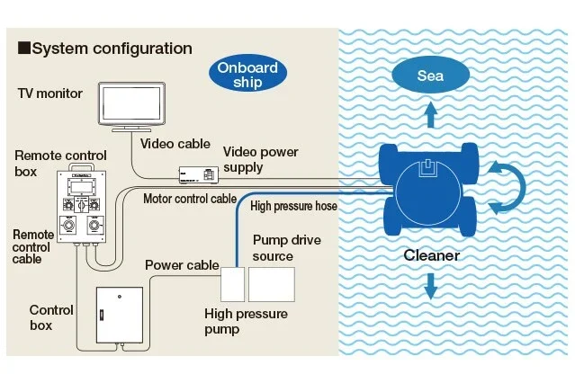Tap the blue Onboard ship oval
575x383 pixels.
245,76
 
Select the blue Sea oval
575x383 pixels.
430,76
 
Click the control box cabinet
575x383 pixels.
120,316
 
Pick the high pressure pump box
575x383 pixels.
232,286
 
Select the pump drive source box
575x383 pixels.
271,286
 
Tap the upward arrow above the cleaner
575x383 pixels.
431,114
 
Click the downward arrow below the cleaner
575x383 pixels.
431,285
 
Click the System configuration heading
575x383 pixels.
105,49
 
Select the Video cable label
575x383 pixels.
175,144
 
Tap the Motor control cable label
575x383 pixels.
190,199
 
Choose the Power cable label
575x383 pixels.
182,265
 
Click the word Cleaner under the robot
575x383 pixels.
431,255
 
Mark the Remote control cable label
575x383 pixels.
32,246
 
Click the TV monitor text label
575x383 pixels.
50,94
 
